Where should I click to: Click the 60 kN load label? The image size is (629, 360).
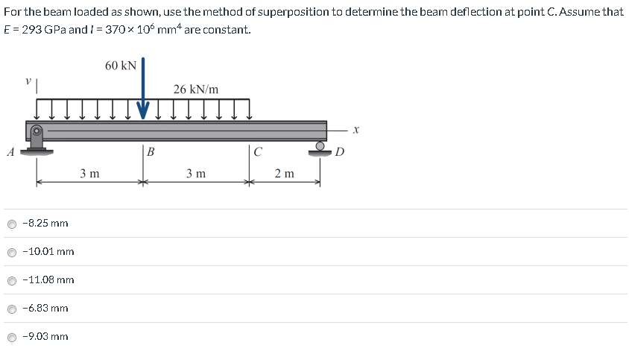120,66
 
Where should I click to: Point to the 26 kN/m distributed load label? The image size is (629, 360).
196,89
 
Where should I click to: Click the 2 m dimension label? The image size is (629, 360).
284,174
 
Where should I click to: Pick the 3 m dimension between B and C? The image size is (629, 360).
196,174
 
